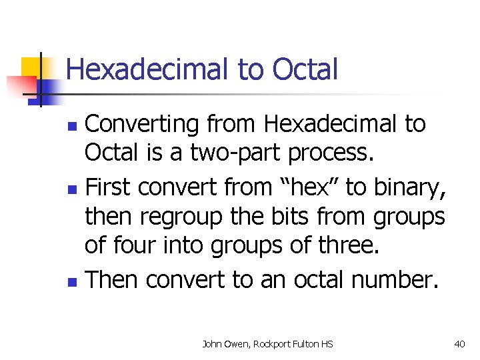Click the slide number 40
pos(459,344)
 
